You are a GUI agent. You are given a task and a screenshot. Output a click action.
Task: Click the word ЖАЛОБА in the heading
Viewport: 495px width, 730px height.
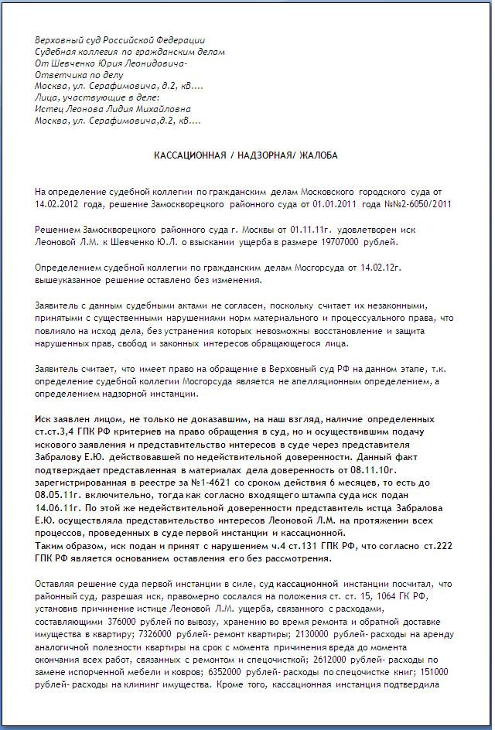pos(319,155)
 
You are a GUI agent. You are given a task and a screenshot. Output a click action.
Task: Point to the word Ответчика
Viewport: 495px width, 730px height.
pos(58,75)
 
